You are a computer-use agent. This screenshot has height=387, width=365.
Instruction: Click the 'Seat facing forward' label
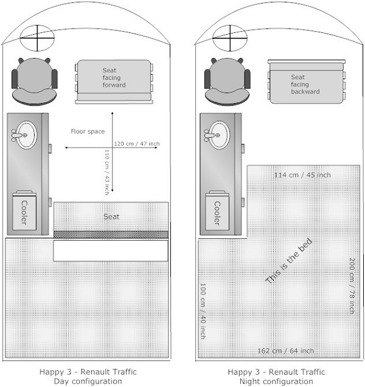[x=114, y=77]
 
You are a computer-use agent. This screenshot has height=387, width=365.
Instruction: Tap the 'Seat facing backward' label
[x=305, y=84]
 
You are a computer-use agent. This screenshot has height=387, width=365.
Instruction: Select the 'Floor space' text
[x=88, y=131]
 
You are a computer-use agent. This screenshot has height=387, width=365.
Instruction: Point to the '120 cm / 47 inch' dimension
[x=137, y=144]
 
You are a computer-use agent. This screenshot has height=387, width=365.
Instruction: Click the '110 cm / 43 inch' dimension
[x=107, y=172]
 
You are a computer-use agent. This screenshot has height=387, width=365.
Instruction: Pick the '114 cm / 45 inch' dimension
[x=302, y=175]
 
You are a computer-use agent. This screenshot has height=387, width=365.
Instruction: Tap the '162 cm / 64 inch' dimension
[x=285, y=350]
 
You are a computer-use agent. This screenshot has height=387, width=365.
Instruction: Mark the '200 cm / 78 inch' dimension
[x=352, y=286]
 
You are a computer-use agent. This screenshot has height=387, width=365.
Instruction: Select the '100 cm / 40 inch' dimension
[x=203, y=311]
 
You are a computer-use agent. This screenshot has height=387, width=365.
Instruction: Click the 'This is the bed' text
[x=289, y=261]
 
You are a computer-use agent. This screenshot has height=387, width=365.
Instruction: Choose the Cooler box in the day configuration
[x=24, y=210]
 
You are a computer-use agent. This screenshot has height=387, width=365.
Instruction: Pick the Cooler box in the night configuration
[x=217, y=210]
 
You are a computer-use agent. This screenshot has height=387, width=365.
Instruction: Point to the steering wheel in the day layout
[x=37, y=38]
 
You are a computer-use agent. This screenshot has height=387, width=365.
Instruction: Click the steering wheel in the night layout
[x=230, y=38]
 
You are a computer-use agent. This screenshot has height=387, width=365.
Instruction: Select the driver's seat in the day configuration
[x=35, y=82]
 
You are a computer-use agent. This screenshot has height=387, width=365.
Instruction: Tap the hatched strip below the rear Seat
[x=111, y=235]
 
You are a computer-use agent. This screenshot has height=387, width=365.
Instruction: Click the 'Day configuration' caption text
[x=88, y=382]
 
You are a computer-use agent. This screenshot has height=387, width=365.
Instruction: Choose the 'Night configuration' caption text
[x=276, y=382]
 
